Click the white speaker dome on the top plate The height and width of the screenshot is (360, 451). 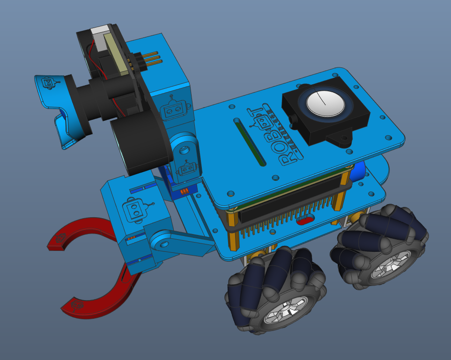(x=325, y=103)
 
